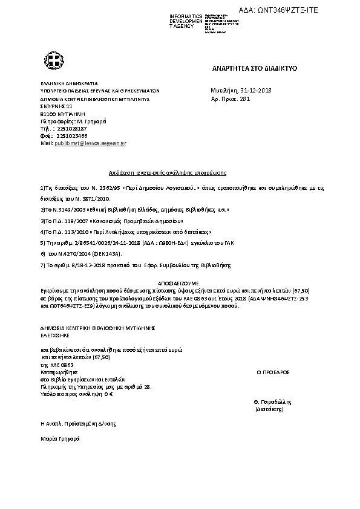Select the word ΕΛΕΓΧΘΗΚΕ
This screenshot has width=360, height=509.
tap(55, 334)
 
